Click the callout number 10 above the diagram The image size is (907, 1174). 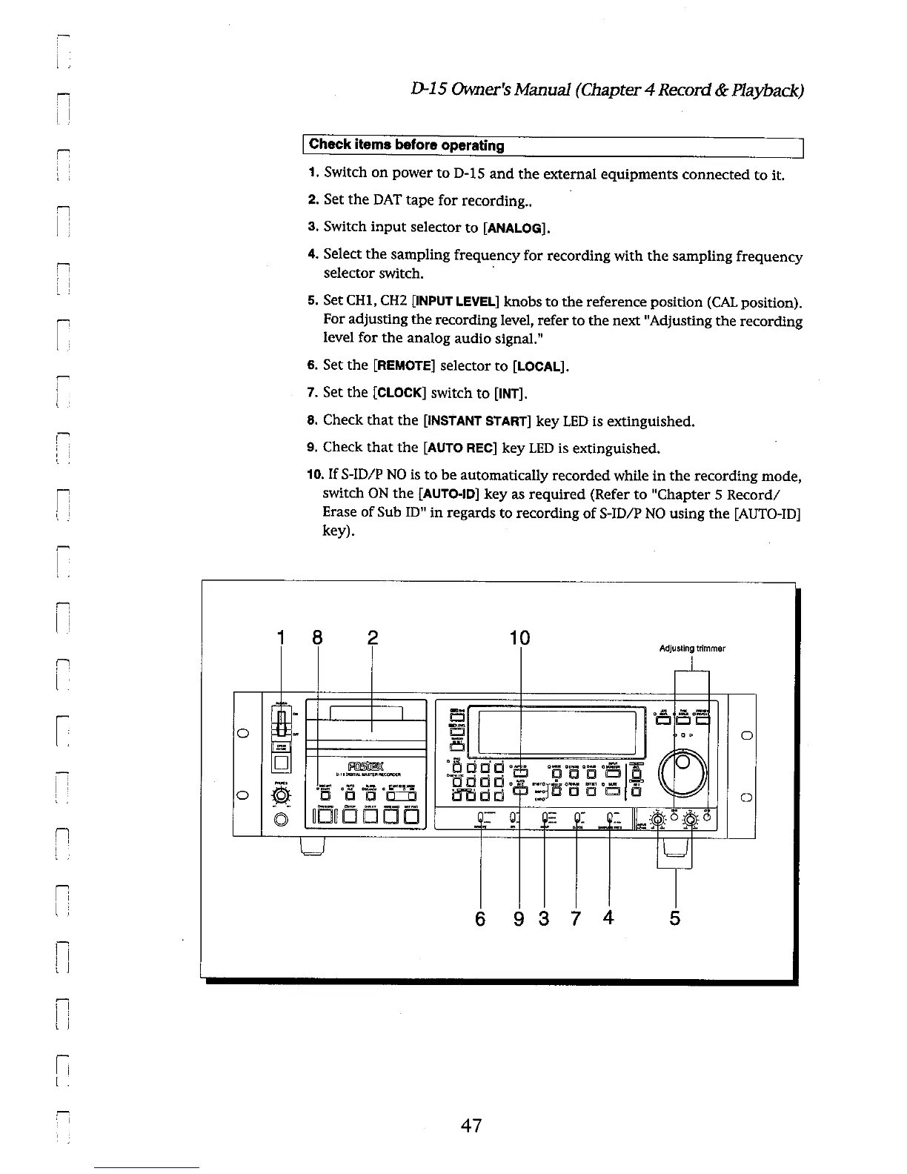(x=521, y=638)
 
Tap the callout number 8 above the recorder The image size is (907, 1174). (x=317, y=638)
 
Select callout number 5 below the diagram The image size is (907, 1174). (x=674, y=918)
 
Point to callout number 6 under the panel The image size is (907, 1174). (x=480, y=919)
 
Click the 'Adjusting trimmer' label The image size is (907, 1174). (x=691, y=649)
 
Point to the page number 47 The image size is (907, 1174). (x=471, y=1127)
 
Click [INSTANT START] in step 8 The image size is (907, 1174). (x=476, y=421)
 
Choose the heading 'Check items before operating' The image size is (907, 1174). (x=406, y=145)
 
